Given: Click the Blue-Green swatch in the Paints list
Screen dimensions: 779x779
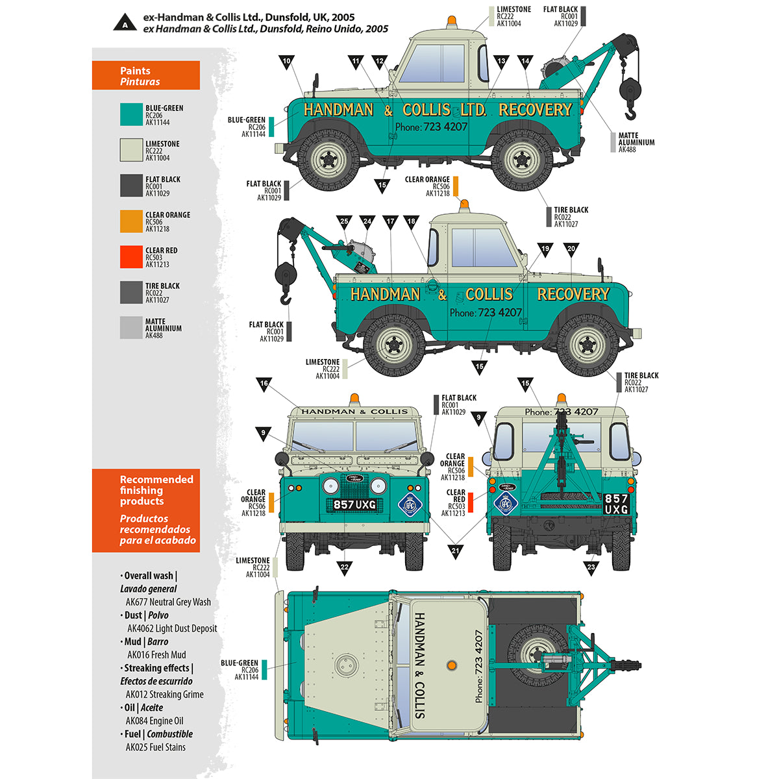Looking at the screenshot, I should click(131, 115).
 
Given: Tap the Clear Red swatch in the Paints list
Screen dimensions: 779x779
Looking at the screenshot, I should click(131, 257).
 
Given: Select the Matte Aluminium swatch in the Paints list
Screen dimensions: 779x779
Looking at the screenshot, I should click(131, 328).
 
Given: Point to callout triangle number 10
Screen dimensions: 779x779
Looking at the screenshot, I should click(286, 63).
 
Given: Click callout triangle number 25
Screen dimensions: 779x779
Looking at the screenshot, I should click(344, 223).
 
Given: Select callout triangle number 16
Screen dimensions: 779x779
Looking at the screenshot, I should click(264, 385).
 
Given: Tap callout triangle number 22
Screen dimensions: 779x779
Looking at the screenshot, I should click(344, 568).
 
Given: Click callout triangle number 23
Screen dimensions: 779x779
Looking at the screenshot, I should click(591, 568).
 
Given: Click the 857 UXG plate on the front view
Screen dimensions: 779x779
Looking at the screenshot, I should click(354, 504).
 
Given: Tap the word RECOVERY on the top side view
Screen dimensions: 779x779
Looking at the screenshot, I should click(535, 110).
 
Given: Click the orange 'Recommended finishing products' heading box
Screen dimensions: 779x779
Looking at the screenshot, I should click(146, 510).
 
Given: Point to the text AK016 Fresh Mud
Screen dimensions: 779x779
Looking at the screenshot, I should click(156, 655).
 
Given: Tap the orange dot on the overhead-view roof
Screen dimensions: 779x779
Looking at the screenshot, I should click(451, 665).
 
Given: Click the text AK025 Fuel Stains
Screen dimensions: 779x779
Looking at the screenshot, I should click(156, 747).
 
